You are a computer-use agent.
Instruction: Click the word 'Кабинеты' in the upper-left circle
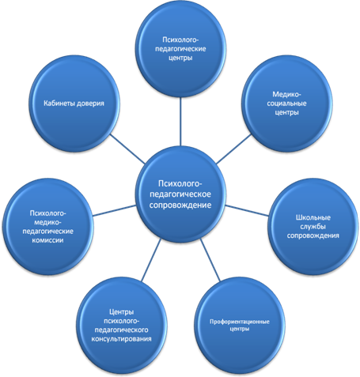(59, 104)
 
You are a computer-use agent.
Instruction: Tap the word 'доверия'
(90, 104)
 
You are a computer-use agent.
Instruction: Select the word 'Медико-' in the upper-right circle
(286, 94)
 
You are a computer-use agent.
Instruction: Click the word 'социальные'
(286, 104)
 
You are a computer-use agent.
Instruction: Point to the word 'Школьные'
(313, 217)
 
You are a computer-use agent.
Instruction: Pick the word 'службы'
(313, 227)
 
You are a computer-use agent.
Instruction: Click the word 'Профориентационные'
(240, 322)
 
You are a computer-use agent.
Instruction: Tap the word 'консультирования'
(121, 339)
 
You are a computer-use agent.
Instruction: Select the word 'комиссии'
(47, 240)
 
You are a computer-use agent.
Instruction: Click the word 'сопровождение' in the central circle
(180, 205)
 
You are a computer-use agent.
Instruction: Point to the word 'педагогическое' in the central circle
(180, 194)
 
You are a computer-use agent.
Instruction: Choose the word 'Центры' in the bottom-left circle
(121, 312)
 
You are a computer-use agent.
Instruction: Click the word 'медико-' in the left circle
(47, 222)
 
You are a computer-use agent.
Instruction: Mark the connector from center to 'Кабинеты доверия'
(127, 149)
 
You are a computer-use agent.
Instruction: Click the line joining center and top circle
(180, 122)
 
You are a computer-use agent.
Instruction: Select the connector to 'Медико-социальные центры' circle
(233, 149)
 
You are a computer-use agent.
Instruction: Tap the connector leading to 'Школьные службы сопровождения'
(247, 210)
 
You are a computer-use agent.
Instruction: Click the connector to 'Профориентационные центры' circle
(210, 260)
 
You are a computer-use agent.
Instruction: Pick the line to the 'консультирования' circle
(151, 260)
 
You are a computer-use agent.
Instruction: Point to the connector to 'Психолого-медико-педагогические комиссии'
(115, 210)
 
